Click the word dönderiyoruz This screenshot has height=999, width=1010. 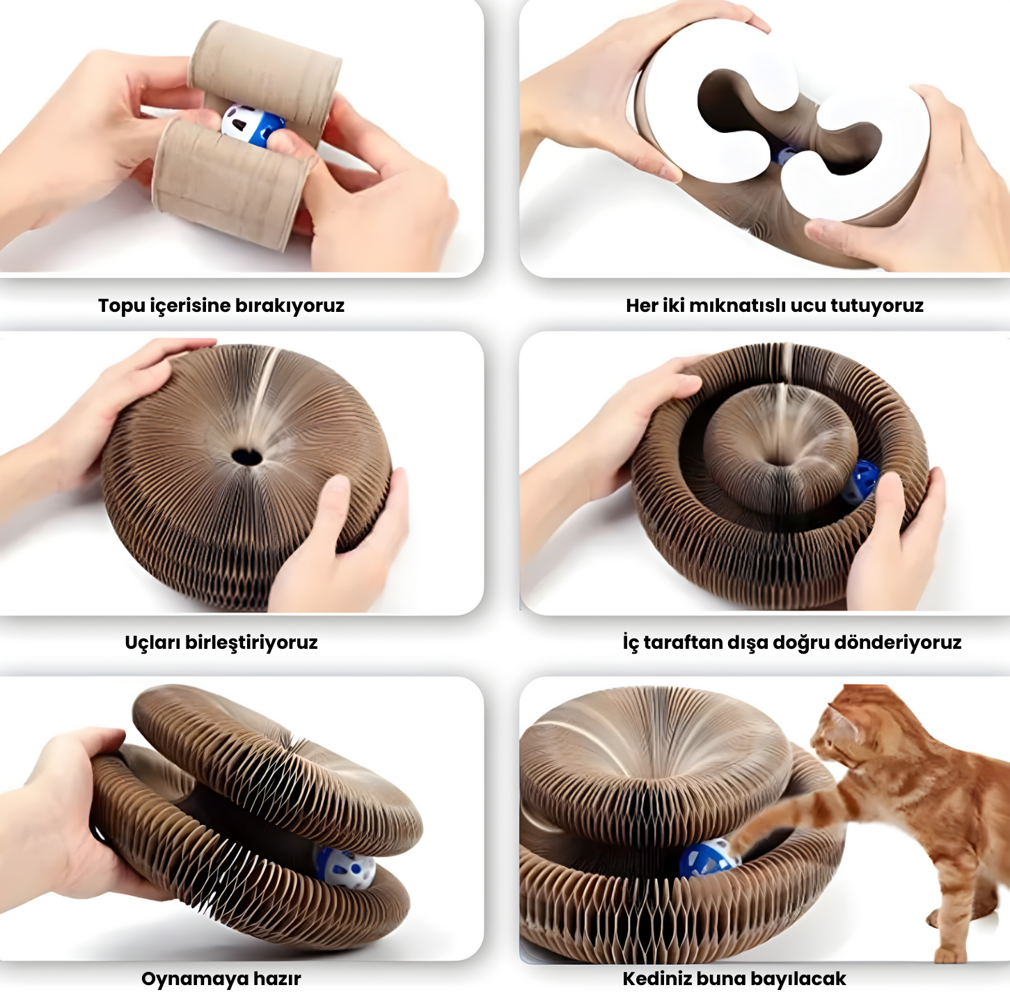click(x=897, y=643)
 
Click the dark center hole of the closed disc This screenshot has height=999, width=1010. click(x=246, y=457)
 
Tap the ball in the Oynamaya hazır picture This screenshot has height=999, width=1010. click(x=346, y=866)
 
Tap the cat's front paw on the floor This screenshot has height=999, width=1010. click(x=953, y=954)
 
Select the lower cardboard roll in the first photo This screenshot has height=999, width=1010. click(x=230, y=184)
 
